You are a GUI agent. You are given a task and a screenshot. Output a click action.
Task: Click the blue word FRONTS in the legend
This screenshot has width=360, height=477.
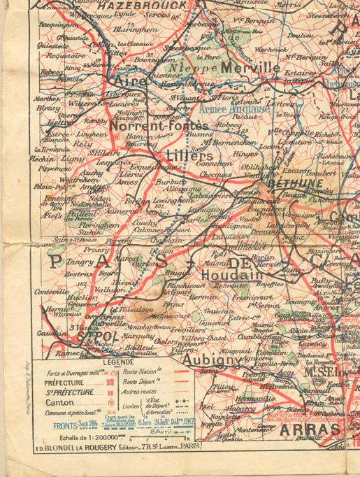57,423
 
